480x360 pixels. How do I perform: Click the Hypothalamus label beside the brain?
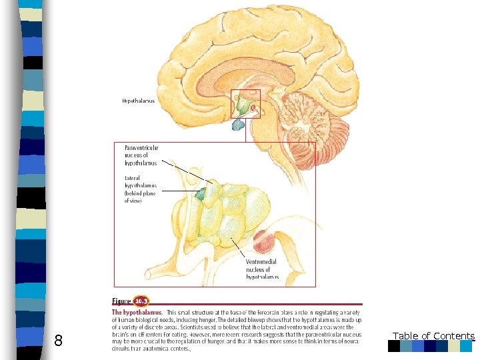coord(138,101)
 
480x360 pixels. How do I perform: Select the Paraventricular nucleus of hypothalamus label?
coord(142,155)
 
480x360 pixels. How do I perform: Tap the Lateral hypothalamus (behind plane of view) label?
coord(141,189)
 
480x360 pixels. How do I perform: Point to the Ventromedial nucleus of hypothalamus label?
coord(262,269)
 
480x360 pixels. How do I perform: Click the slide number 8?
coord(58,341)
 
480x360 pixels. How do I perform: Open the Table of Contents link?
coord(433,336)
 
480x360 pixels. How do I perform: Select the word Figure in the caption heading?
coord(121,301)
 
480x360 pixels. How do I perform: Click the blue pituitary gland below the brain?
coord(238,124)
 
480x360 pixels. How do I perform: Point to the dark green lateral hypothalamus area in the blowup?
coord(201,194)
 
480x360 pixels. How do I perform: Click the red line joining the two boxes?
coord(246,130)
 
